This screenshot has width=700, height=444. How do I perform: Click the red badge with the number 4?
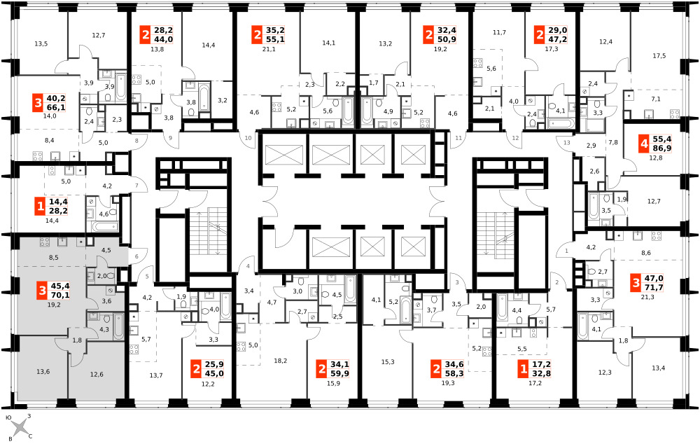644,144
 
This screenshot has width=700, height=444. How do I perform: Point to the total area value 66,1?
56,107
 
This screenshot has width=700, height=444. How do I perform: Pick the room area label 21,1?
269,49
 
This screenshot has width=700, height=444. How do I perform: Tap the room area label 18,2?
281,361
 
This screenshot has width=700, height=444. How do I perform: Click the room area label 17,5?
659,56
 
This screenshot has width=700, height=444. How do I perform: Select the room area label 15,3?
388,362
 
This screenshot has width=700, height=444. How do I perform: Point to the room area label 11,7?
499,32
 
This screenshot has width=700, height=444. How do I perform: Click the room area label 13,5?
41,44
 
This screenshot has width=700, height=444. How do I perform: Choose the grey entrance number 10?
248,138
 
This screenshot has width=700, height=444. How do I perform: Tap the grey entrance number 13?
567,143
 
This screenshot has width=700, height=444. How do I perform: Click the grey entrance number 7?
137,186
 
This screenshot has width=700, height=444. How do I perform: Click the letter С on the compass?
30,436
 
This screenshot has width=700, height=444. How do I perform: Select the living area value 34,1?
339,364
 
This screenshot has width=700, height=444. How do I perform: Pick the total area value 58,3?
454,374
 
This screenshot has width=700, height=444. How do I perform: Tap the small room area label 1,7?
374,83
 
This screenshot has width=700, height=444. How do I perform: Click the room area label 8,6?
645,253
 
